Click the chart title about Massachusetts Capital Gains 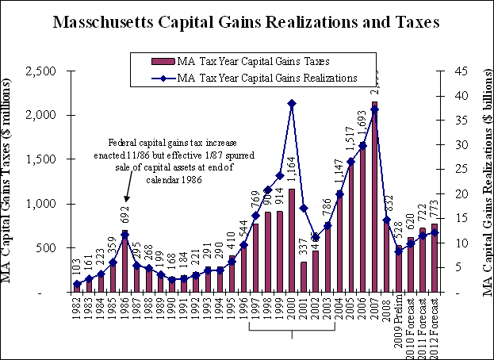[247, 21]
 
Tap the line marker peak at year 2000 [292, 103]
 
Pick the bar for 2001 [304, 277]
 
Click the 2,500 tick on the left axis [40, 71]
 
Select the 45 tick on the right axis [450, 71]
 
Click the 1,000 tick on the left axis [40, 205]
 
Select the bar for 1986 [125, 262]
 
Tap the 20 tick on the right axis [450, 194]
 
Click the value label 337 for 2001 [304, 247]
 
